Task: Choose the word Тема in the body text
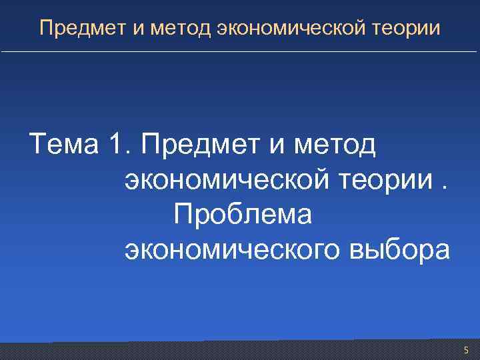point(61,144)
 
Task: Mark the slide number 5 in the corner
point(466,350)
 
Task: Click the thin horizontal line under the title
point(240,52)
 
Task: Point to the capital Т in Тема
point(37,144)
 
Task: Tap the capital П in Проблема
point(183,215)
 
